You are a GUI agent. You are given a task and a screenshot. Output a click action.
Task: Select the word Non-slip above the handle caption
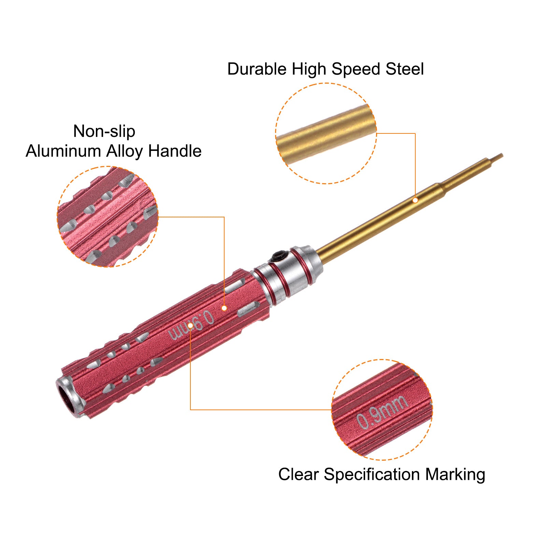104,131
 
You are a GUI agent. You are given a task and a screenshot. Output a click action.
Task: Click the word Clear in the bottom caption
298,474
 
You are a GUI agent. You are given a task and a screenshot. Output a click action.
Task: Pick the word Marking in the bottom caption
455,475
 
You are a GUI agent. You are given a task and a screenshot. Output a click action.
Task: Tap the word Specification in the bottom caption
371,475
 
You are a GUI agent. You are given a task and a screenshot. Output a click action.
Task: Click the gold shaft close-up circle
326,133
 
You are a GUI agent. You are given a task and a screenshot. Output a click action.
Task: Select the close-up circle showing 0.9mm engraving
382,409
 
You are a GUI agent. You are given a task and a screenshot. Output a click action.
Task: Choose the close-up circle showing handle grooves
107,217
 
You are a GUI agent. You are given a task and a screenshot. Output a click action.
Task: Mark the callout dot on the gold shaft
415,200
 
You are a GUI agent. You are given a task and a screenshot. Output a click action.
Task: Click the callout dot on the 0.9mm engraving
190,325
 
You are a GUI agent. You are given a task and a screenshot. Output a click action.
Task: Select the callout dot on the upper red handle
224,308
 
